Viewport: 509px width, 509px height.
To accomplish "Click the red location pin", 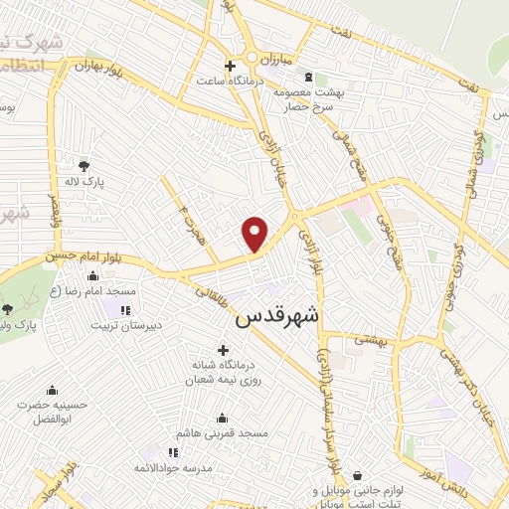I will (x=256, y=234).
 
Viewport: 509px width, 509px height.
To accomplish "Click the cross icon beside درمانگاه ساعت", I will (x=230, y=66).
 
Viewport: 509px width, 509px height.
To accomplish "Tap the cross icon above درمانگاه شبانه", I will (x=221, y=350).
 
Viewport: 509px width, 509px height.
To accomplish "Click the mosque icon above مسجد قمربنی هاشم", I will (x=221, y=418).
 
